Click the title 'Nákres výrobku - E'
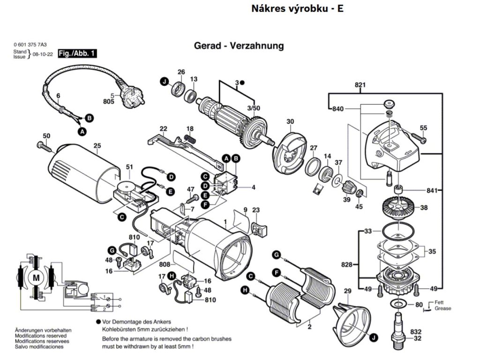point(297,9)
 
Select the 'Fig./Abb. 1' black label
point(77,53)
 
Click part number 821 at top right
point(360,85)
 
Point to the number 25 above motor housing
point(97,145)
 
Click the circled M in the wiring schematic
point(36,278)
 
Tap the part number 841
point(432,190)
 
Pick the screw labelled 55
point(418,137)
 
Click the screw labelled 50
point(45,146)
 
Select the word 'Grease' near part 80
point(442,308)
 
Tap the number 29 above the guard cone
point(347,292)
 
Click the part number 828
point(346,265)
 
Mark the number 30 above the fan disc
point(290,122)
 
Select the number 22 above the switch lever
point(163,128)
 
